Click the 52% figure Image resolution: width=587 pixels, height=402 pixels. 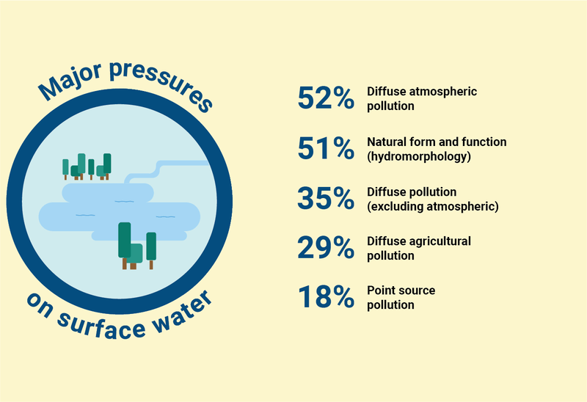click(x=326, y=98)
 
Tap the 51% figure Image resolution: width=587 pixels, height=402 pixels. click(x=326, y=149)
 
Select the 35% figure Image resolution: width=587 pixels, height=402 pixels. click(x=326, y=198)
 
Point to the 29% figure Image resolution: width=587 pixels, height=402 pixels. click(x=326, y=247)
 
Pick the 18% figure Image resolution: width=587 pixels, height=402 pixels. click(x=326, y=297)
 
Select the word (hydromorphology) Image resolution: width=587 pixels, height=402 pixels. click(x=419, y=156)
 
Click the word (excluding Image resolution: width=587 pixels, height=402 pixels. click(x=395, y=207)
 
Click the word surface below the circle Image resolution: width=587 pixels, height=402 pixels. click(x=102, y=326)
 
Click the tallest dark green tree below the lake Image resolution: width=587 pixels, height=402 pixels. click(x=124, y=245)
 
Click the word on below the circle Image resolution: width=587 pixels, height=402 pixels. click(x=40, y=305)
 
